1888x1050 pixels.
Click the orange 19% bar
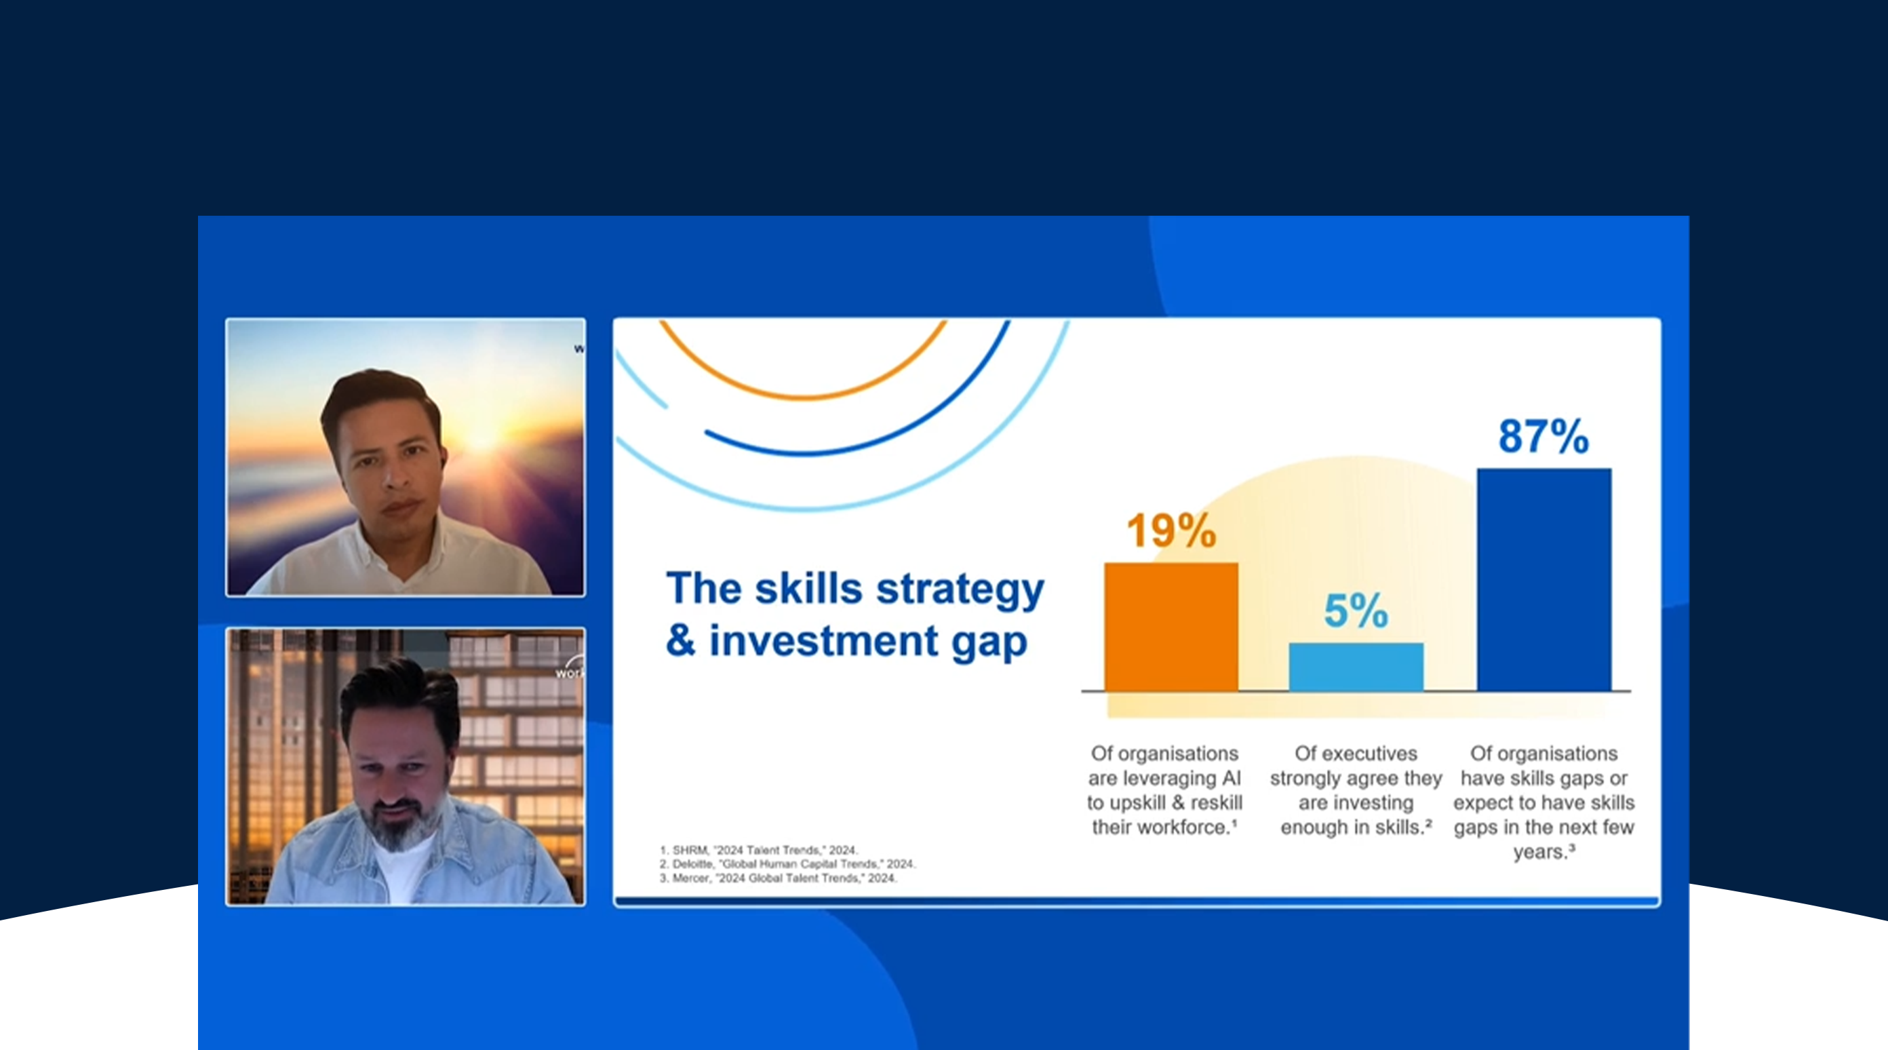(x=1171, y=627)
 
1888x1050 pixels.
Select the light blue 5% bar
(x=1356, y=667)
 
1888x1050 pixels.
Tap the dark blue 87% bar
(x=1543, y=579)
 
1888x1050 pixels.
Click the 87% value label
(x=1543, y=436)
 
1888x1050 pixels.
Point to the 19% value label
(x=1171, y=530)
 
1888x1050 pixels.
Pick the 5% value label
(x=1356, y=610)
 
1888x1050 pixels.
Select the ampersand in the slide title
(x=680, y=640)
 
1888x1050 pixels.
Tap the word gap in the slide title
(x=989, y=644)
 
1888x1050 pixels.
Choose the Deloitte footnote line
(x=787, y=863)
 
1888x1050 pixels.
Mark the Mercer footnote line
(x=778, y=878)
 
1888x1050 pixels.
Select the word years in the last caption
(x=1540, y=852)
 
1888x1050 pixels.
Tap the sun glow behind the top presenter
(x=480, y=433)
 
